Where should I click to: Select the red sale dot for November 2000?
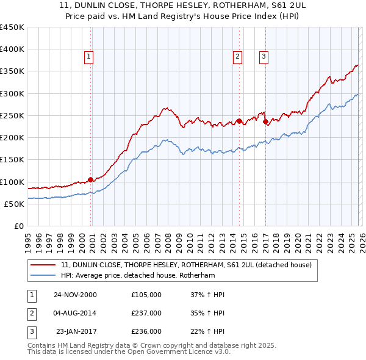point(91,179)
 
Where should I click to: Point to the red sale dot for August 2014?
point(239,121)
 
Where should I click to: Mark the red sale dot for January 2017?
point(266,121)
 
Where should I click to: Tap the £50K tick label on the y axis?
point(15,204)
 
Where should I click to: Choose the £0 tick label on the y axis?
point(19,226)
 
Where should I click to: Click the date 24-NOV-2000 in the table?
point(75,295)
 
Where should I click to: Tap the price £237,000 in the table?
point(146,313)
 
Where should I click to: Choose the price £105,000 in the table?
point(146,295)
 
